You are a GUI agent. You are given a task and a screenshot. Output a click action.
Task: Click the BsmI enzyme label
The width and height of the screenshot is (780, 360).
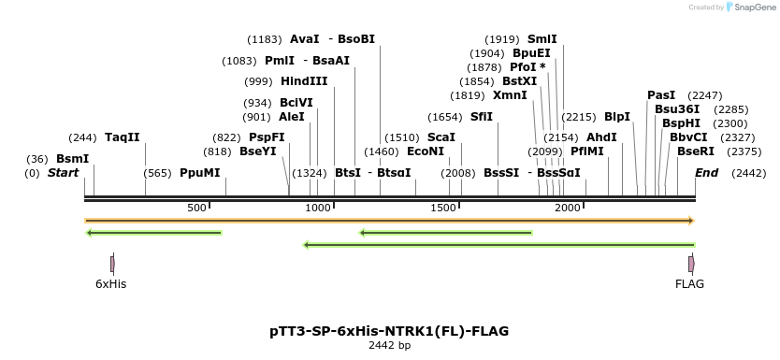[x=72, y=158]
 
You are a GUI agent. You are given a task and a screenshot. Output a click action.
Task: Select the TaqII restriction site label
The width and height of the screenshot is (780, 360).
[x=122, y=137]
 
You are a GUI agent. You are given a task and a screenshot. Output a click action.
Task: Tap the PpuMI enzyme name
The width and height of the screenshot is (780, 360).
[x=199, y=173]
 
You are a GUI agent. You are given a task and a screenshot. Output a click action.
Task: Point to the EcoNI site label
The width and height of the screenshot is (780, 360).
[x=426, y=151]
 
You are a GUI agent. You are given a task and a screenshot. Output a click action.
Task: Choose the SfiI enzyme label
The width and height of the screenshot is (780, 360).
[x=481, y=117]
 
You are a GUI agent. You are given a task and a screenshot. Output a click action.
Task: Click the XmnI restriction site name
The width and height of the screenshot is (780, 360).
[x=510, y=95]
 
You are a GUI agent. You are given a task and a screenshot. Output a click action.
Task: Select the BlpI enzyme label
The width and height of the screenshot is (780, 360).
[x=617, y=117]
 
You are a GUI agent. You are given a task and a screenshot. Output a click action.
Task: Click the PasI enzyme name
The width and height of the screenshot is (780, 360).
[x=661, y=95]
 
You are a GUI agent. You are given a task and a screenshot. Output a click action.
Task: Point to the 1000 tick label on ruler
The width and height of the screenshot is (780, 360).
[x=319, y=208]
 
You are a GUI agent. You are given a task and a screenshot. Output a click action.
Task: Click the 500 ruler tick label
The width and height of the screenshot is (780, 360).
[x=196, y=208]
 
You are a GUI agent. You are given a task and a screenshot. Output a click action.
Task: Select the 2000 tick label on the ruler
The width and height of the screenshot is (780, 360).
[x=569, y=208]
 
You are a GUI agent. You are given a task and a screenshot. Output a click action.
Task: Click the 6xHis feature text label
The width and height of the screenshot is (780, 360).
[x=110, y=283]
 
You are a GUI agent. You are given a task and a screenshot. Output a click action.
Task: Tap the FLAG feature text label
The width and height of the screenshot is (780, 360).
[x=689, y=283]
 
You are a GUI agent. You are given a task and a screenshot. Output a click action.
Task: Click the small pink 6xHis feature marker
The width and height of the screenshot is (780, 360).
[x=112, y=264]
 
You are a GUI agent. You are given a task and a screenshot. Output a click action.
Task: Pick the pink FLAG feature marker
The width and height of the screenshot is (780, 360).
[x=691, y=264]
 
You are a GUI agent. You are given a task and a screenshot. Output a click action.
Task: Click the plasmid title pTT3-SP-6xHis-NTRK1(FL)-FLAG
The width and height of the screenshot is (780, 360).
[x=389, y=331]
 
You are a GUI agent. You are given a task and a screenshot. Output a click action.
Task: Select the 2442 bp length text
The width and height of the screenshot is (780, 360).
[x=389, y=346]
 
